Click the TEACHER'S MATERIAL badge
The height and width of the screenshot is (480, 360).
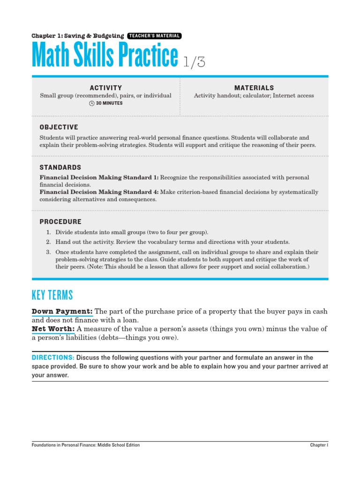(x=154, y=36)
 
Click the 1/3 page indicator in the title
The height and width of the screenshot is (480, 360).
(x=194, y=62)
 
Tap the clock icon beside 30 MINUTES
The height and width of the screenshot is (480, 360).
(x=92, y=103)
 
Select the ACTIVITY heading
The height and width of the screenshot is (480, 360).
(x=106, y=88)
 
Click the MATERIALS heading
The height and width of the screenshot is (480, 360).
(x=254, y=88)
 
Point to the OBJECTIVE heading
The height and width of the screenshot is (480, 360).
(x=59, y=127)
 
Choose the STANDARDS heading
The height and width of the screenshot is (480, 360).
(x=60, y=167)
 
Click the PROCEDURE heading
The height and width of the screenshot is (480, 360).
(x=60, y=222)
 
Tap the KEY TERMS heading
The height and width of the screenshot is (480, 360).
(x=52, y=295)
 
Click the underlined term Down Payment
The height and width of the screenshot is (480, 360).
(x=62, y=312)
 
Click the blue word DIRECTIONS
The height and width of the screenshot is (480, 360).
(x=53, y=358)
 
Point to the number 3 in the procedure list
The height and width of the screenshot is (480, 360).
(x=48, y=252)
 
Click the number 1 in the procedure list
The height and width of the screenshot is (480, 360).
(x=48, y=232)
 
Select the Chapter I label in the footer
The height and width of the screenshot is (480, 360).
(x=319, y=445)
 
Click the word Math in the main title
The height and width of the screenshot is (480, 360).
(x=49, y=56)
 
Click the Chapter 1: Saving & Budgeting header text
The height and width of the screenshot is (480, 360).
(x=78, y=36)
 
